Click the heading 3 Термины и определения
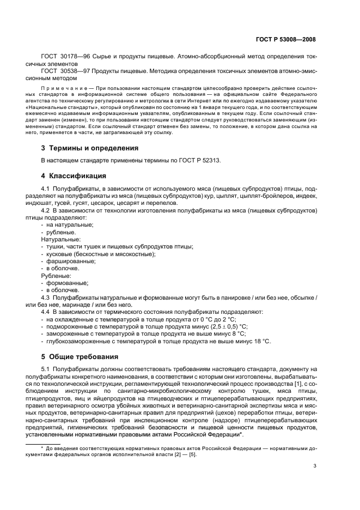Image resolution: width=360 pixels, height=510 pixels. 89,148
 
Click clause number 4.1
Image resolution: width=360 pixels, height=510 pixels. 45,188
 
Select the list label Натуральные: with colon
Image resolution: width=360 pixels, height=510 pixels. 61,239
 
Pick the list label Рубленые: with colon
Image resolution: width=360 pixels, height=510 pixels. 57,276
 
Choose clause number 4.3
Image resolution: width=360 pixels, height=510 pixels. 45,297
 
